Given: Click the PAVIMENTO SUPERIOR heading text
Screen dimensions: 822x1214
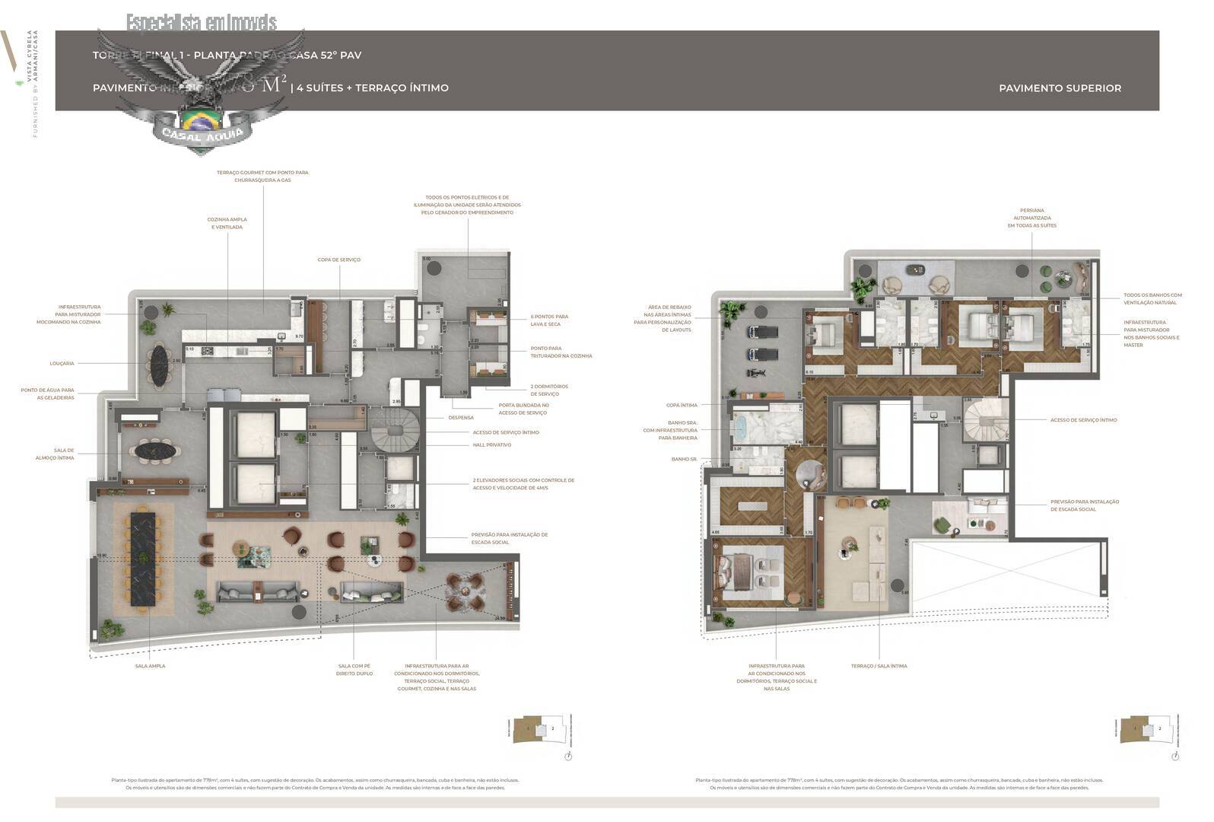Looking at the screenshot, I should [x=1060, y=88].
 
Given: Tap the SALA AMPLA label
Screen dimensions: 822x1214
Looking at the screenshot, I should [x=150, y=666].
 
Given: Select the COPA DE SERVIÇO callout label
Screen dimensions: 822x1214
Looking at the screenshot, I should [x=339, y=260].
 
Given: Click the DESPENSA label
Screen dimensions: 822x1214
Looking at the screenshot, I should [x=461, y=418].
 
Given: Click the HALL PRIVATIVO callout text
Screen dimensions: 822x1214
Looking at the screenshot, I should [x=492, y=445].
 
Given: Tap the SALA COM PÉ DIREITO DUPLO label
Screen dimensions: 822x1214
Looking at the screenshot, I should [x=355, y=670].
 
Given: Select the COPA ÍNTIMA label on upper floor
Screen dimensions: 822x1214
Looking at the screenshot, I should [x=682, y=406].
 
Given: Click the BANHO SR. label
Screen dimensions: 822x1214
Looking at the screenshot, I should [x=684, y=460].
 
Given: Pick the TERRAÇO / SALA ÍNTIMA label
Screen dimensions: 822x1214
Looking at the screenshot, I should [x=879, y=666].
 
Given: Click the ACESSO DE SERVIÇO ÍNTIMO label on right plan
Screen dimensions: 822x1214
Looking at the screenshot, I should [x=1083, y=420].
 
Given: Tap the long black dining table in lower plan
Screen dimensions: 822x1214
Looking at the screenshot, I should [x=143, y=559].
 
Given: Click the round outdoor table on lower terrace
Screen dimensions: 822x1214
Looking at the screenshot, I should [x=465, y=591].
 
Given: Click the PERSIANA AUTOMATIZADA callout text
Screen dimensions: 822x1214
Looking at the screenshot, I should [x=1032, y=218].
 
